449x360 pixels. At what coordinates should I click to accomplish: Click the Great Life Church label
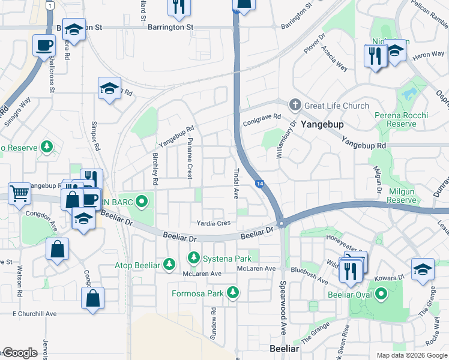[337, 106]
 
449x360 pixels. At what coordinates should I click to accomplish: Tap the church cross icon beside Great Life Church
[294, 105]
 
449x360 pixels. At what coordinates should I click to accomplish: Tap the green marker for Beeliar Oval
[381, 295]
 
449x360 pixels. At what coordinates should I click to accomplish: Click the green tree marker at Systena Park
[193, 258]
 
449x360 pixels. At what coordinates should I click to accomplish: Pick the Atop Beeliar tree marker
[170, 264]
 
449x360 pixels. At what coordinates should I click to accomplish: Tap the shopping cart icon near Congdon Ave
[19, 194]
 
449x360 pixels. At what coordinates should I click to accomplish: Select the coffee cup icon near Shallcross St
[44, 45]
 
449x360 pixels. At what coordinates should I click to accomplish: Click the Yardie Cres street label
[214, 223]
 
